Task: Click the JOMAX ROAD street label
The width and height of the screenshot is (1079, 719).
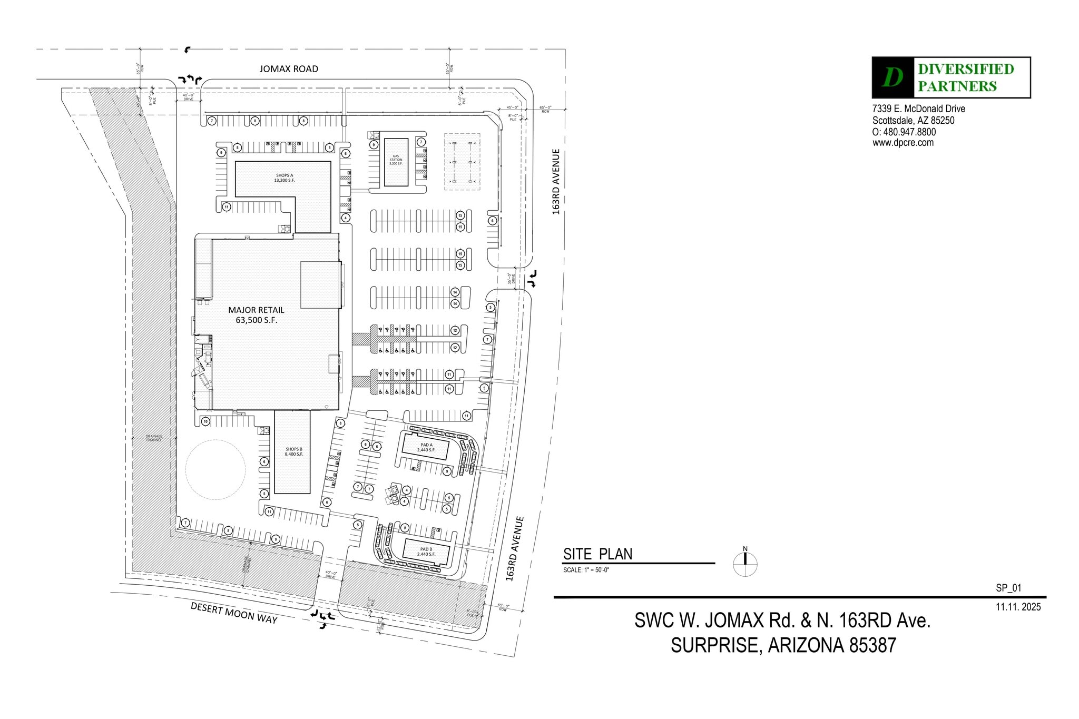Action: click(289, 69)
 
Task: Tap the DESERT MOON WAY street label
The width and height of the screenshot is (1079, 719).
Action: click(234, 613)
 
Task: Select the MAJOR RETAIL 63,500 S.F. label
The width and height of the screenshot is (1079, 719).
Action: click(256, 315)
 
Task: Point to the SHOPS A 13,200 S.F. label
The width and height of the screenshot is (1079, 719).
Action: click(285, 178)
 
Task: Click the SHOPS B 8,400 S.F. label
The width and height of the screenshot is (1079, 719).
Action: click(293, 452)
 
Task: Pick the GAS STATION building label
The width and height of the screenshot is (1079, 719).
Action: click(396, 160)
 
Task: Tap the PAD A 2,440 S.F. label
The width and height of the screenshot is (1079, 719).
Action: click(426, 448)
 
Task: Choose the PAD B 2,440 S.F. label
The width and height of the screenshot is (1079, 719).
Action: click(426, 552)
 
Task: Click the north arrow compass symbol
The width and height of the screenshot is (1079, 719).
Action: click(745, 564)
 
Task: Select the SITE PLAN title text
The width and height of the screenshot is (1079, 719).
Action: click(597, 554)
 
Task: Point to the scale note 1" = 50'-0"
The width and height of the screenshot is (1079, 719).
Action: click(586, 570)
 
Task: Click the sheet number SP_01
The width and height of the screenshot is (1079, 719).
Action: click(1008, 588)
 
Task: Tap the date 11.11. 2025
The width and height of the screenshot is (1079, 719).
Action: click(1018, 607)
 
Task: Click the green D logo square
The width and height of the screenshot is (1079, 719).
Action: click(892, 78)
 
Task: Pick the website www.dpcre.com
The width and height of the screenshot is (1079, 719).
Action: click(903, 143)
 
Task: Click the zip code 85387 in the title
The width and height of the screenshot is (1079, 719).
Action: click(872, 645)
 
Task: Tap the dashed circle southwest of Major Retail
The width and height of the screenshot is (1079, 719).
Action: click(215, 470)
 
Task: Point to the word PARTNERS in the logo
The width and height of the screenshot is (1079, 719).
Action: click(957, 86)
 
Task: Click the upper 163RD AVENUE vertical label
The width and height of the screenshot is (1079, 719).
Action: click(556, 182)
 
